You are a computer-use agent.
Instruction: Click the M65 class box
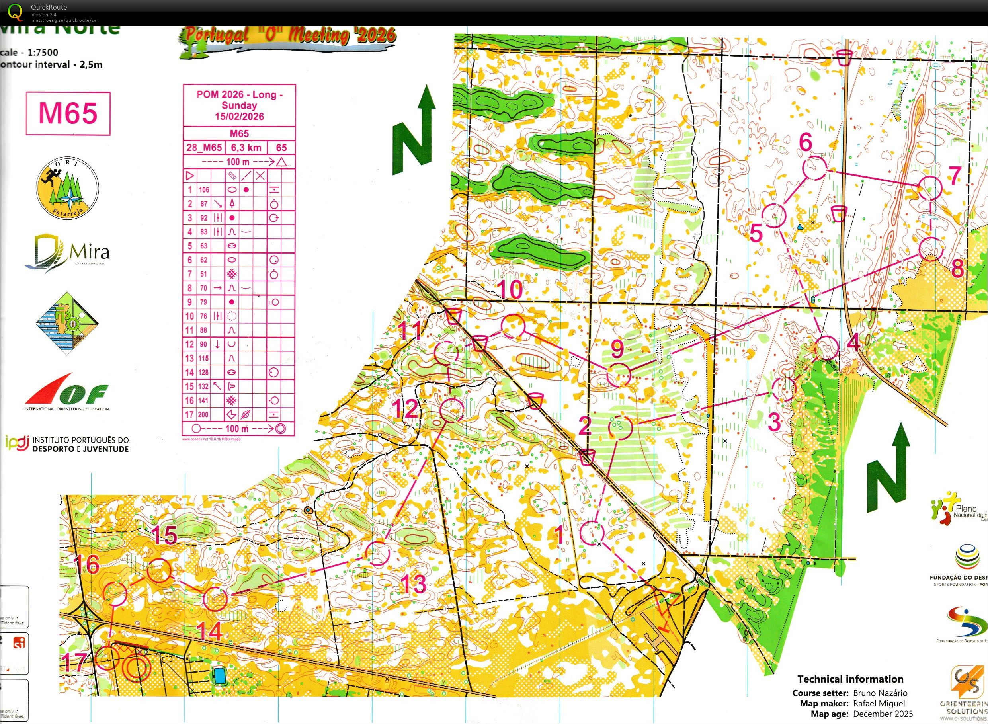(68, 113)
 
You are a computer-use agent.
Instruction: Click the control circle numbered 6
(814, 168)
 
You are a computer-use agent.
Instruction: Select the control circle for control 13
(377, 553)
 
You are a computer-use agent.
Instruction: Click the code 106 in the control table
(204, 190)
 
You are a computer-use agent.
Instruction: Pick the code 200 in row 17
(204, 415)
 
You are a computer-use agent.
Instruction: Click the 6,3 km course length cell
(246, 148)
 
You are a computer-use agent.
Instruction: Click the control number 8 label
(957, 268)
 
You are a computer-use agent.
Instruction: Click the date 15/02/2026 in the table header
(239, 117)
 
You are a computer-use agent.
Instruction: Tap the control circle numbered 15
(159, 571)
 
